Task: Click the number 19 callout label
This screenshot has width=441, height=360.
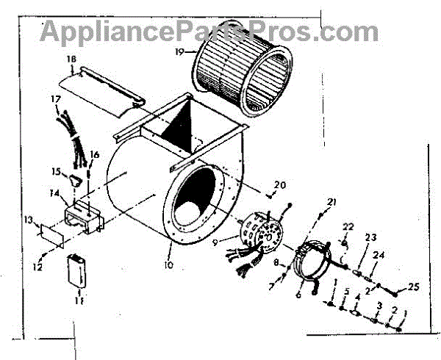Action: tap(180, 54)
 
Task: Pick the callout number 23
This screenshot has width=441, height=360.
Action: tap(370, 237)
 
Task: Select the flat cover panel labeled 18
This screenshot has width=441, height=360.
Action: tap(107, 88)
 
